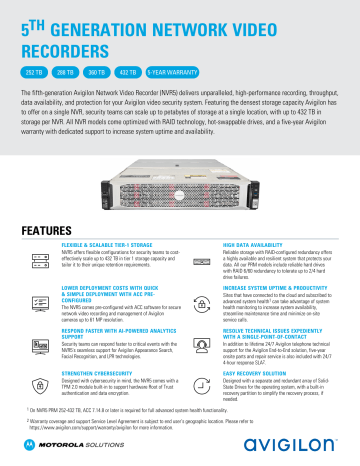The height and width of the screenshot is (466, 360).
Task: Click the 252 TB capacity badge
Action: point(37,73)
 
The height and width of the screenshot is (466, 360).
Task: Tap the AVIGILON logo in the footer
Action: point(298,443)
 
